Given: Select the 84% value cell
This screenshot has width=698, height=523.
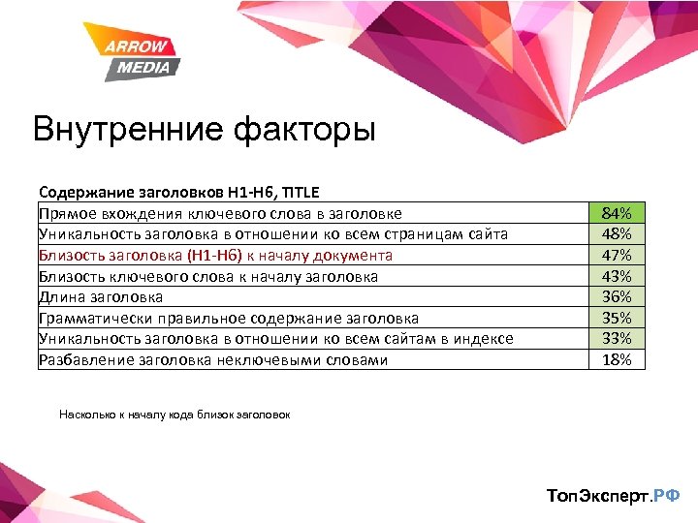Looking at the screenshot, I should tap(617, 213).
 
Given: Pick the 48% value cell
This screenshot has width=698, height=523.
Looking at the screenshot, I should tap(617, 234).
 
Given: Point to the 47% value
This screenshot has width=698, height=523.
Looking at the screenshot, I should tap(617, 256).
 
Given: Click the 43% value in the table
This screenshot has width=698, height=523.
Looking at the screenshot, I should tap(617, 277).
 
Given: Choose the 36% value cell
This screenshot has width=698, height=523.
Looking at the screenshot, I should tap(617, 297).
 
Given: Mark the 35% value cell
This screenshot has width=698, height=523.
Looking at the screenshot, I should tap(617, 319).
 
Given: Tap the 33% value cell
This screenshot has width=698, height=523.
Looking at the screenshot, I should tap(617, 339).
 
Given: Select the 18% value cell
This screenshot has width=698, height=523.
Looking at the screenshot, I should tap(617, 360).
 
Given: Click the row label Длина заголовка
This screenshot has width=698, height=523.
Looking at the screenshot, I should tap(101, 297).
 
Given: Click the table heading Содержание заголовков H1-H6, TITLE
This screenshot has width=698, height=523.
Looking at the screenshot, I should tap(178, 193).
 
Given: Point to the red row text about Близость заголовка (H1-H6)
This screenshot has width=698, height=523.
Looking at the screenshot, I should tap(215, 256).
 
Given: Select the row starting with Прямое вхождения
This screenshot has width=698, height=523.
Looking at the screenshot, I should tap(220, 213).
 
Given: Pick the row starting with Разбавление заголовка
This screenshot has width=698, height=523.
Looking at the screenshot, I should tap(213, 360).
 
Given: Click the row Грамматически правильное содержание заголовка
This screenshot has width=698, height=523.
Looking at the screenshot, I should tap(229, 319).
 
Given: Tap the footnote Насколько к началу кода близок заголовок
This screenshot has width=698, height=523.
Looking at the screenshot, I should tap(174, 415).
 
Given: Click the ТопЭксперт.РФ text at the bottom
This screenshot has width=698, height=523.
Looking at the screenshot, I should tap(613, 496).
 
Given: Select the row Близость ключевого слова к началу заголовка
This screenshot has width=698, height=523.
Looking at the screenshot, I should tap(208, 277).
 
